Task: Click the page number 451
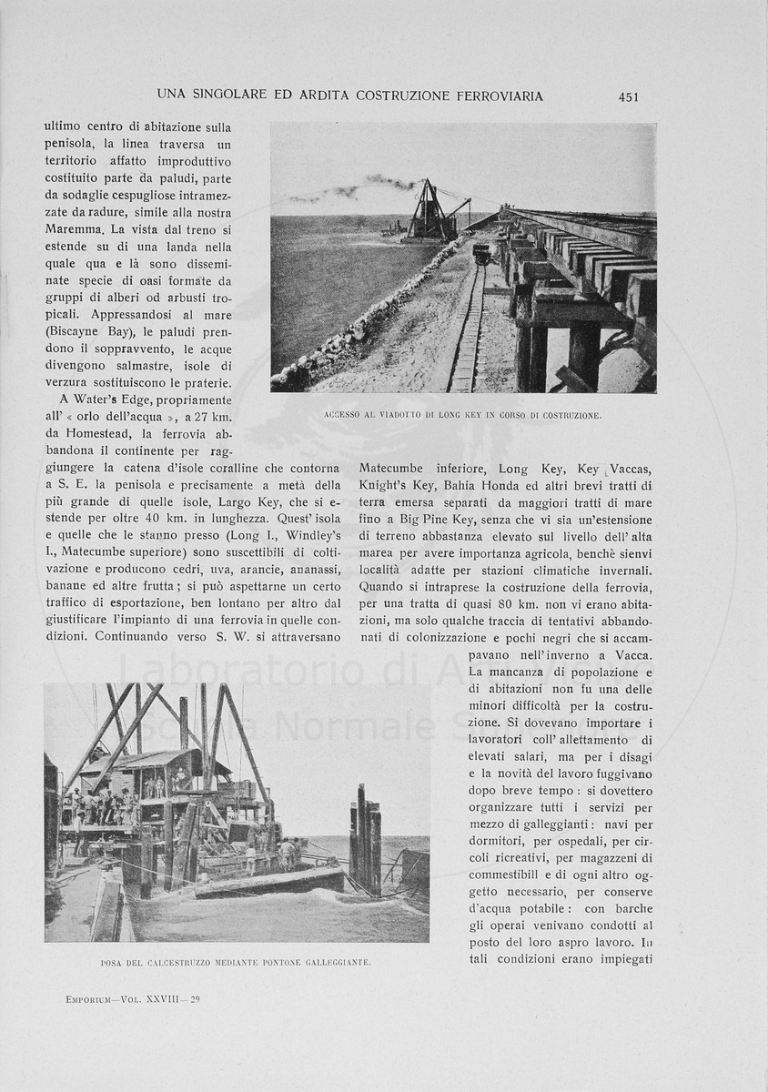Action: point(628,96)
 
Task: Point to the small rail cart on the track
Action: point(481,252)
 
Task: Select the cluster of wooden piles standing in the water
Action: point(366,837)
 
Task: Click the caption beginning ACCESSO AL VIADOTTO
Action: point(462,415)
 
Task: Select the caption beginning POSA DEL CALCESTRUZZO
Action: point(236,962)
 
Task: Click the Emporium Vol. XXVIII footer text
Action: point(133,999)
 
